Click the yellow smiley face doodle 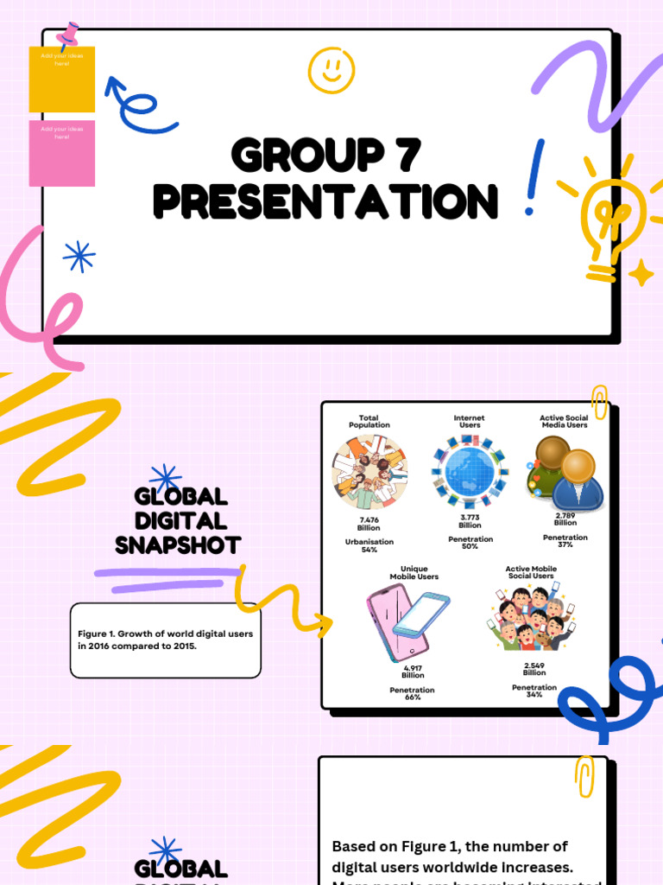tap(331, 70)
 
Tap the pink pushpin tap(68, 35)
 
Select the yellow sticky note tap(62, 80)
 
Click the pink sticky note tap(62, 154)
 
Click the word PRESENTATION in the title tap(325, 201)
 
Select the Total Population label tap(369, 422)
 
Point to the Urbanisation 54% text tap(369, 546)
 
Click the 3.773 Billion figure tap(470, 521)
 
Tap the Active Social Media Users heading tap(565, 422)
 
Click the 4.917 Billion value tap(413, 672)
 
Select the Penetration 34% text tap(534, 691)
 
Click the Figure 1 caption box tap(165, 640)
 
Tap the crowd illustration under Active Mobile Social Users tap(532, 619)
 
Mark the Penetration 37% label tap(565, 541)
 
